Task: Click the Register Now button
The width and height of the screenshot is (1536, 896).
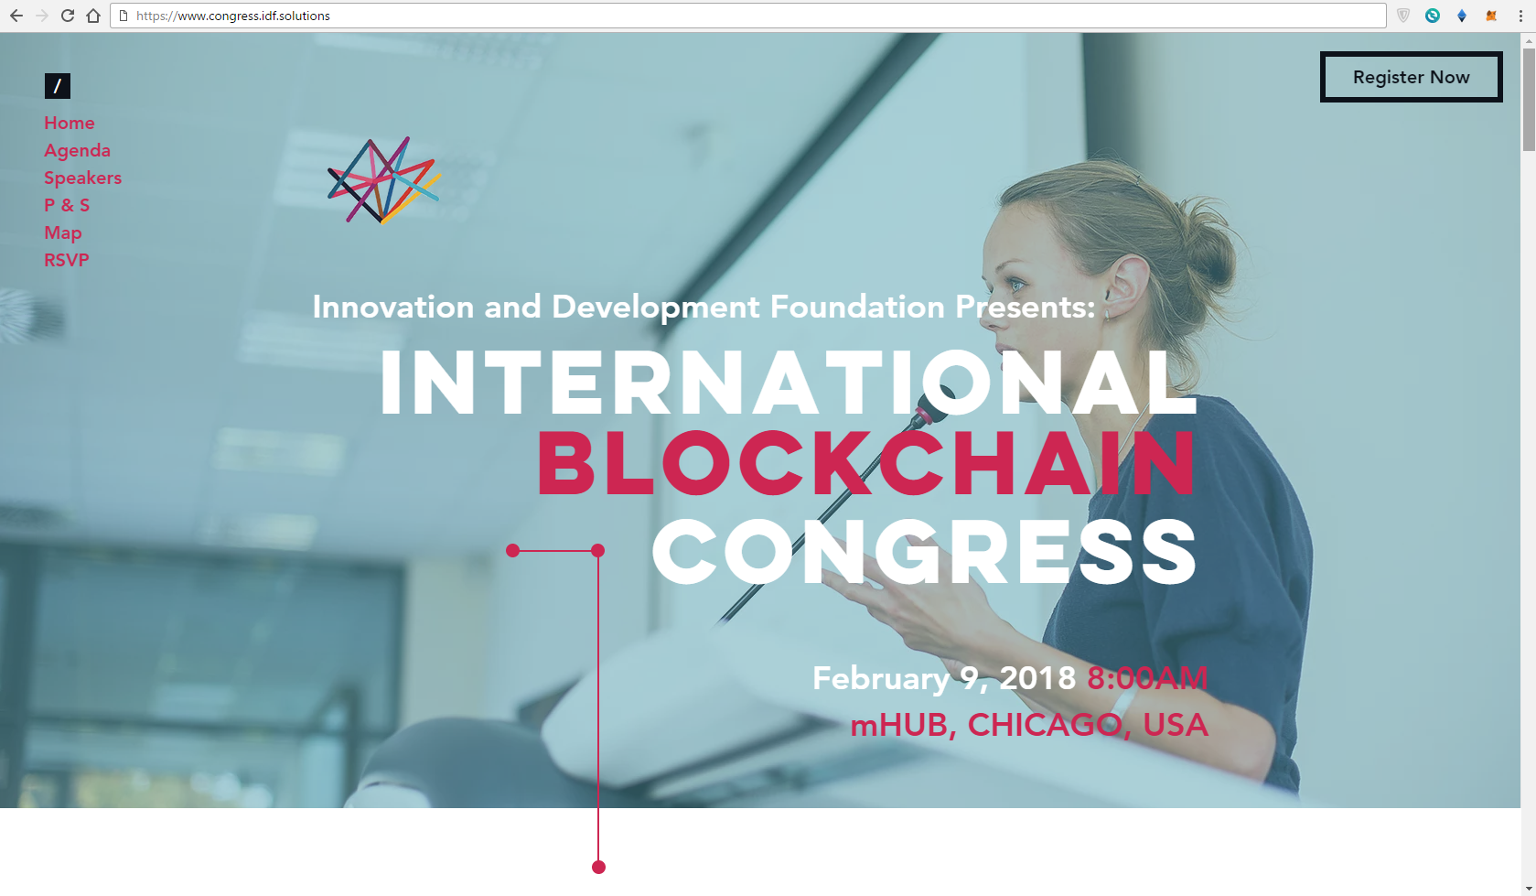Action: coord(1412,77)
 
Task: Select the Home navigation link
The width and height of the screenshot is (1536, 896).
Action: coord(70,123)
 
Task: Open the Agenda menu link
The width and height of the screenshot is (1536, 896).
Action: coord(78,150)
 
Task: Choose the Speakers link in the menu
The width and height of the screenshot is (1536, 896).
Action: coord(83,178)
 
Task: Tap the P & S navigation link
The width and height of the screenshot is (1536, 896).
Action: coord(67,205)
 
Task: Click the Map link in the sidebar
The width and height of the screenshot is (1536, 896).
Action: coord(63,232)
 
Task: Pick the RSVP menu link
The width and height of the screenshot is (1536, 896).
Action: coord(67,260)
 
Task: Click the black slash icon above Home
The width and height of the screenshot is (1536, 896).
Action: coord(58,86)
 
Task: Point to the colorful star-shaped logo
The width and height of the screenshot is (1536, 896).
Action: coord(383,179)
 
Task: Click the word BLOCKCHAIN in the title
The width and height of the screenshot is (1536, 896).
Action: coord(866,463)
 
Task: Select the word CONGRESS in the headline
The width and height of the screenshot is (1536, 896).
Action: coord(924,552)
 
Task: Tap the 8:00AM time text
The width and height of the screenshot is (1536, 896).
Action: coord(1147,678)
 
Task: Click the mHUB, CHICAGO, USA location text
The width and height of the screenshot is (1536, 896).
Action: coord(1029,725)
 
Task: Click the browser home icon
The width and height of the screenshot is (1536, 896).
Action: coord(93,16)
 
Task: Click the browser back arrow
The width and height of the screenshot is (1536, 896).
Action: coord(16,16)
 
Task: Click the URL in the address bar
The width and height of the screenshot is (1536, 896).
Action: coord(233,16)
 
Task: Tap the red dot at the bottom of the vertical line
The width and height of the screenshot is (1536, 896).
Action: coord(598,868)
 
